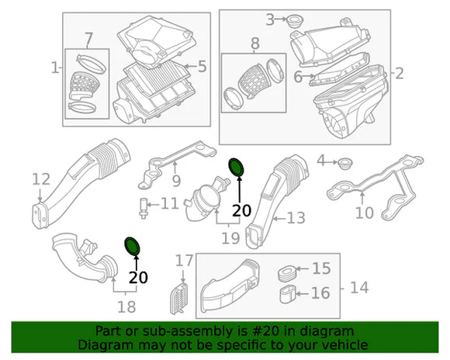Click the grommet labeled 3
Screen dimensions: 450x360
(x=295, y=22)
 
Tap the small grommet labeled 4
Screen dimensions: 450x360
(x=344, y=164)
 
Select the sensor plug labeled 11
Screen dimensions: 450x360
(x=144, y=208)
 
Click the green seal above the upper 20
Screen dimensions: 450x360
(x=236, y=167)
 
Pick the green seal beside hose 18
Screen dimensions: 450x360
(x=133, y=246)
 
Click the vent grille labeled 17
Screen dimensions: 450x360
(x=180, y=298)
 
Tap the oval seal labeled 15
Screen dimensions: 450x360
(x=287, y=273)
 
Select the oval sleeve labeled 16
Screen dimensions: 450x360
(x=288, y=294)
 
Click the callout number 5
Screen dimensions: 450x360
(x=202, y=67)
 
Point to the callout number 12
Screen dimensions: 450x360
(x=41, y=179)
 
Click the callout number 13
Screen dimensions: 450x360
(x=296, y=218)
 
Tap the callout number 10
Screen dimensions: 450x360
(x=364, y=213)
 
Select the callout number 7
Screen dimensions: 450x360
(x=88, y=39)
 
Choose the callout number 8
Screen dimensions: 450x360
(x=254, y=43)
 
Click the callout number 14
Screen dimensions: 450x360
(x=359, y=287)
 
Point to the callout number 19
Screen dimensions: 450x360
(x=230, y=238)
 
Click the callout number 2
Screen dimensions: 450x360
(x=400, y=74)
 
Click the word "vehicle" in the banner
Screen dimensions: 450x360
(x=348, y=344)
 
